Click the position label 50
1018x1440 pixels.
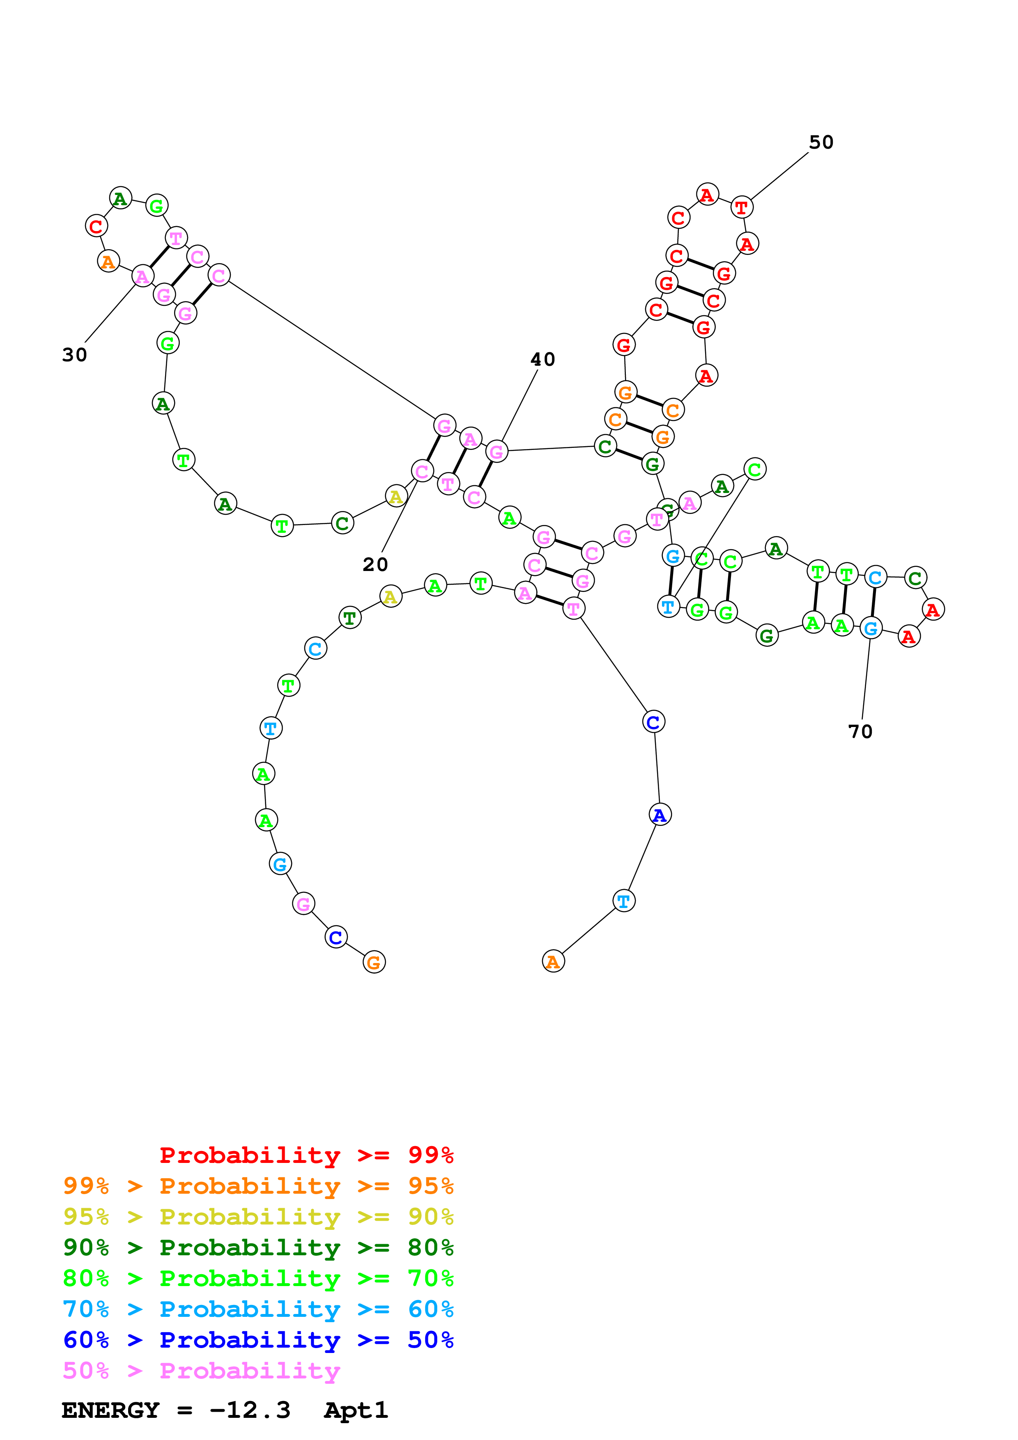pyautogui.click(x=820, y=142)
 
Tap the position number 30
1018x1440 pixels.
pyautogui.click(x=75, y=355)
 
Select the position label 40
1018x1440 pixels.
pyautogui.click(x=542, y=359)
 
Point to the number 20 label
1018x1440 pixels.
pyautogui.click(x=375, y=564)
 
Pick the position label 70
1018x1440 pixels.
pyautogui.click(x=860, y=731)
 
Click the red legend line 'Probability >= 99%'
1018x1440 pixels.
pyautogui.click(x=306, y=1155)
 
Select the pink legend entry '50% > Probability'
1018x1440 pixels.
pyautogui.click(x=201, y=1370)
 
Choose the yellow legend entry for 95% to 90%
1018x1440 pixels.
pyautogui.click(x=258, y=1216)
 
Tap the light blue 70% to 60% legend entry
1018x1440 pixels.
pyautogui.click(x=258, y=1309)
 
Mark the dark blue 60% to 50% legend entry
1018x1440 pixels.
pyautogui.click(x=258, y=1340)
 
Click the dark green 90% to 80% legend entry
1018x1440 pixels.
pyautogui.click(x=258, y=1247)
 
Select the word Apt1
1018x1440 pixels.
pyautogui.click(x=356, y=1410)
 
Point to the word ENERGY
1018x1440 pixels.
pyautogui.click(x=110, y=1410)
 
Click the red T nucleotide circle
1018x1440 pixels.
pyautogui.click(x=741, y=208)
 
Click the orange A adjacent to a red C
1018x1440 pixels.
pyautogui.click(x=108, y=261)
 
